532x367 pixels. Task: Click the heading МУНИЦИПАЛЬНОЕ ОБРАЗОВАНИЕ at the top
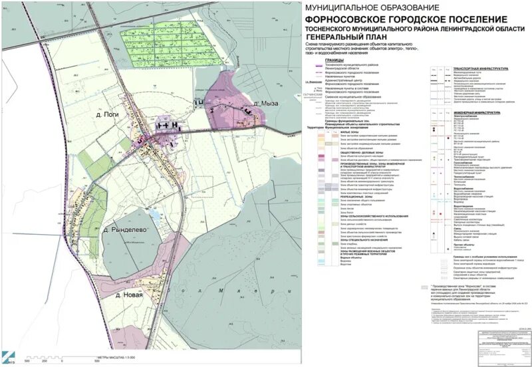(x=368, y=7)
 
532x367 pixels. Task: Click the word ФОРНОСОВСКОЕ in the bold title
(x=346, y=19)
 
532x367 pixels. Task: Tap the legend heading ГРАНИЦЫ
(x=334, y=60)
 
